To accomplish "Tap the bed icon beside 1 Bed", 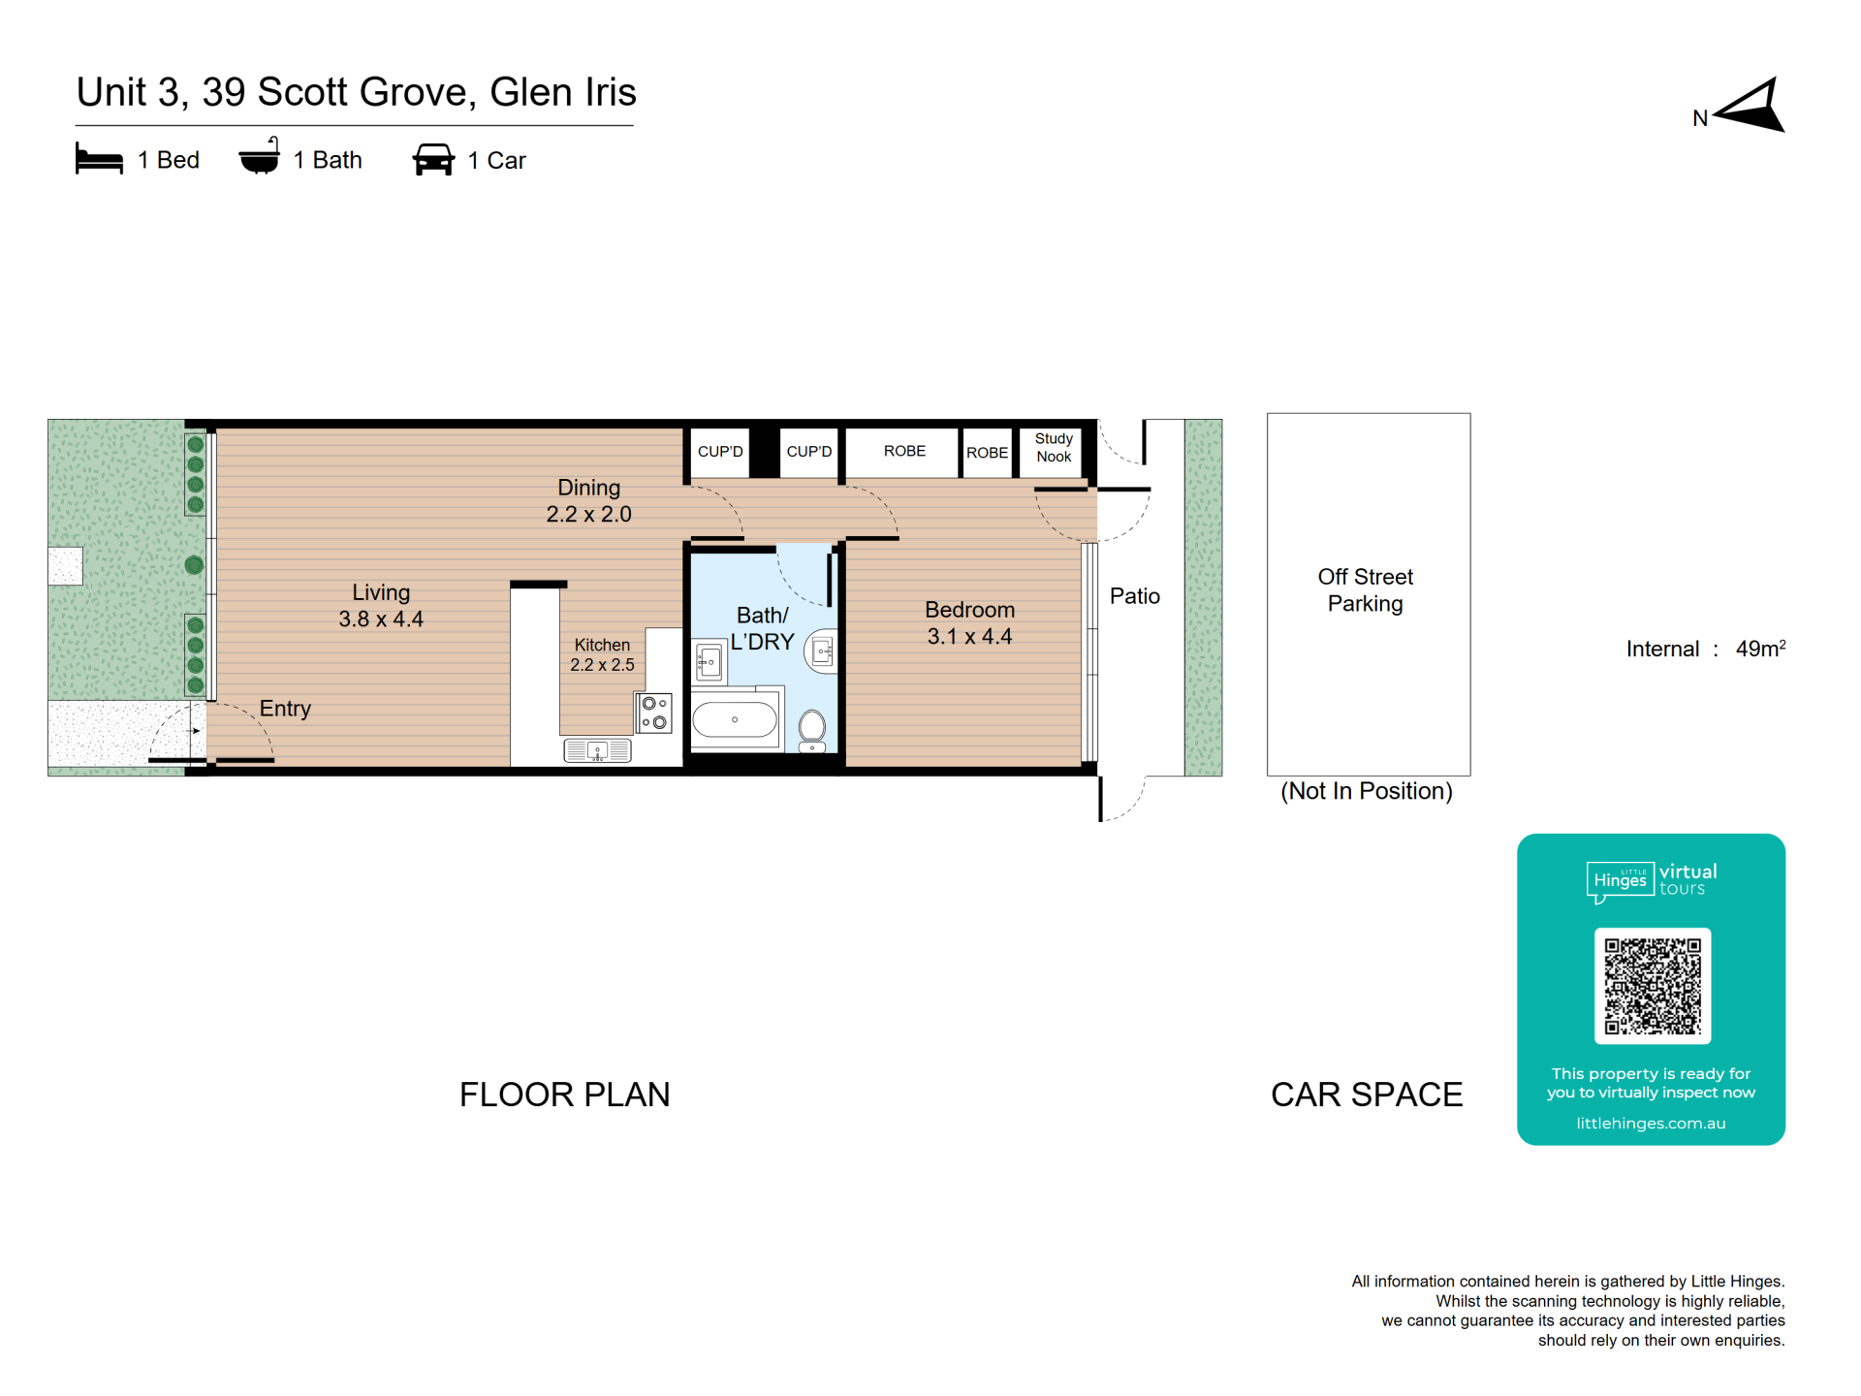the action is (99, 159).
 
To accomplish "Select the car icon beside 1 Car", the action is (433, 160).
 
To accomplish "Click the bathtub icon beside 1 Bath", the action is (260, 156).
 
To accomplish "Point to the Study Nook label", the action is (1054, 448).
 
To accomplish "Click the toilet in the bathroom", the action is (812, 729).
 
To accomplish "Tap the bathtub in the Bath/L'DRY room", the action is (735, 720).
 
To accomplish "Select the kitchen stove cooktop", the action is (654, 713).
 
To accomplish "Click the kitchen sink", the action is (597, 750).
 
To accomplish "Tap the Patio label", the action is (1134, 596).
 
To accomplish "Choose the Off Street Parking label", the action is (1365, 590).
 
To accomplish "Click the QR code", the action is (1653, 986).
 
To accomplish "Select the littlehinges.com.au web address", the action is (1651, 1124).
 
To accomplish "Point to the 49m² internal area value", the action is (1760, 649).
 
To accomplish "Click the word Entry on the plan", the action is (285, 709).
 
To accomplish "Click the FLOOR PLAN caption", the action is (564, 1095).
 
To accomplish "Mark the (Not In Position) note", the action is (1367, 791).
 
